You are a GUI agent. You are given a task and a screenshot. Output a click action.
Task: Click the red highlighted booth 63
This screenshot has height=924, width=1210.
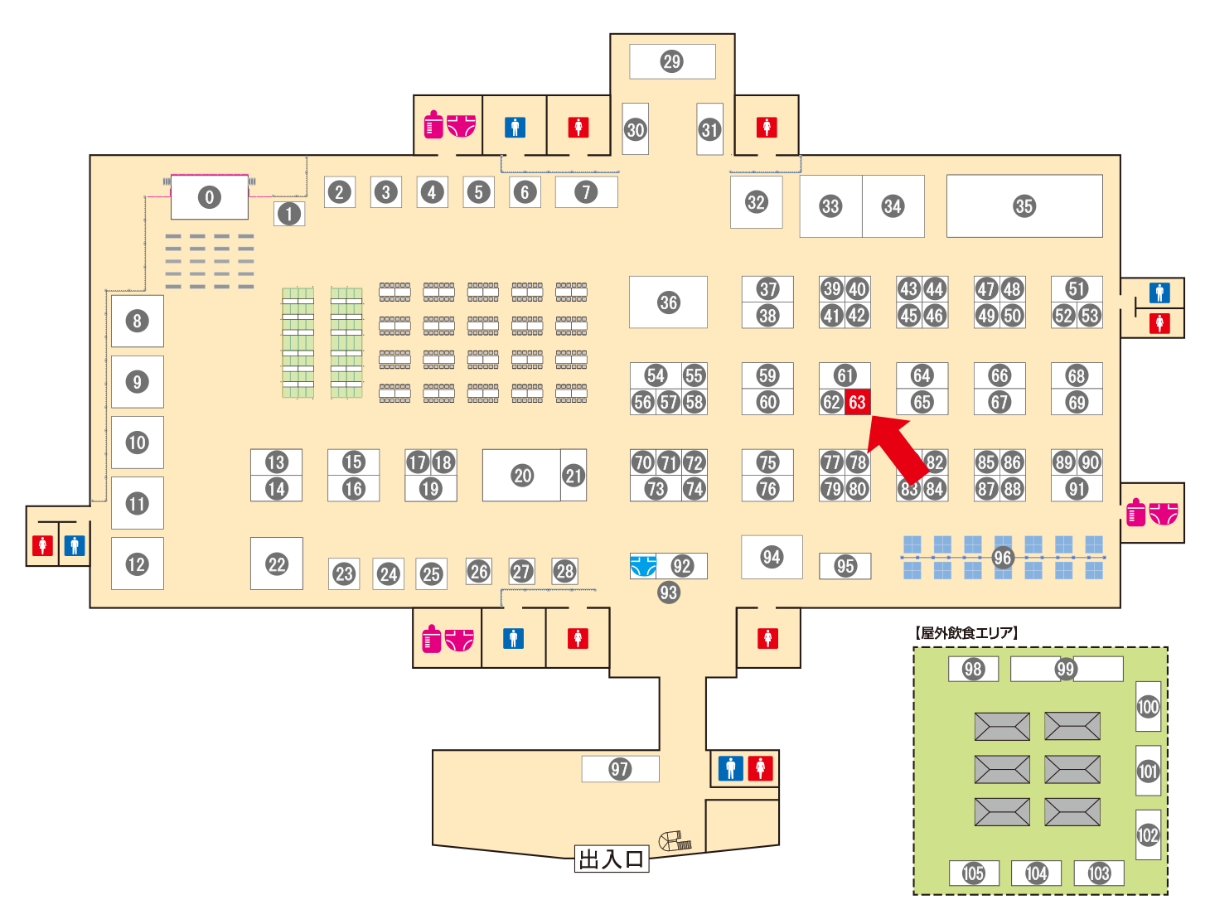point(857,402)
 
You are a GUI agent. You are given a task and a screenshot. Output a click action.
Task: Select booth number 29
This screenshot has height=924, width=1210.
point(672,61)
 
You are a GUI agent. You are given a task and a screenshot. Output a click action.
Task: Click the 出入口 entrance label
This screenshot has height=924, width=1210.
point(611,859)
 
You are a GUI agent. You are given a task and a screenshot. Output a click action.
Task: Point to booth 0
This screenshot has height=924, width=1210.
point(210,197)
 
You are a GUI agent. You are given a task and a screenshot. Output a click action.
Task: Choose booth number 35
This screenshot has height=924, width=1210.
point(1024,206)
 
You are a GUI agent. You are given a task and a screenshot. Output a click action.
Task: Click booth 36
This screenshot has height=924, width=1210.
point(668,302)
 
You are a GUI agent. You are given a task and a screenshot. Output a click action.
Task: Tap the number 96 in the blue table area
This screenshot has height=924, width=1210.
point(1002,558)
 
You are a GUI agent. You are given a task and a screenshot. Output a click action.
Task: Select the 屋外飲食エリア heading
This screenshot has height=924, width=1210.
point(966,632)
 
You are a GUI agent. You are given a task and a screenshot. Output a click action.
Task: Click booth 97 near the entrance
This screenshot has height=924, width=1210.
point(620,769)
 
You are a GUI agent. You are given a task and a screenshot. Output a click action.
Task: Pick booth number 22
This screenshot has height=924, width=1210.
point(276,564)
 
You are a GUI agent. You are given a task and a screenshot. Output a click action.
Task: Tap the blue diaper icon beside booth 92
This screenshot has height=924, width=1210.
point(643,566)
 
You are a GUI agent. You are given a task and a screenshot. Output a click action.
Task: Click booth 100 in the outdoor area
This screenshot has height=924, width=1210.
point(1148,706)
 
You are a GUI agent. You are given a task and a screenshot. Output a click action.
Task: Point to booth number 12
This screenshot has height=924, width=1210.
point(138,564)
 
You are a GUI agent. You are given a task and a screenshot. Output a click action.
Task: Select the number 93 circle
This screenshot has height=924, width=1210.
point(668,593)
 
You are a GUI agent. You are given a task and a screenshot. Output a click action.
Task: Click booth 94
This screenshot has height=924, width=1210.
point(772,557)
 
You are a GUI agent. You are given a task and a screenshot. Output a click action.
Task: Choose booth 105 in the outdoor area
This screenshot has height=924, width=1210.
point(974,873)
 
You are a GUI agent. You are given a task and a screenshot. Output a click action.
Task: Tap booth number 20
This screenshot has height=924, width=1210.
point(521,475)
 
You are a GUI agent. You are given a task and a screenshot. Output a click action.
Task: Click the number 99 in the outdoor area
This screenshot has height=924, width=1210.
point(1065,669)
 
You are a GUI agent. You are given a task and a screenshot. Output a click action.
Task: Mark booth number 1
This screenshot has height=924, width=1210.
point(289,214)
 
